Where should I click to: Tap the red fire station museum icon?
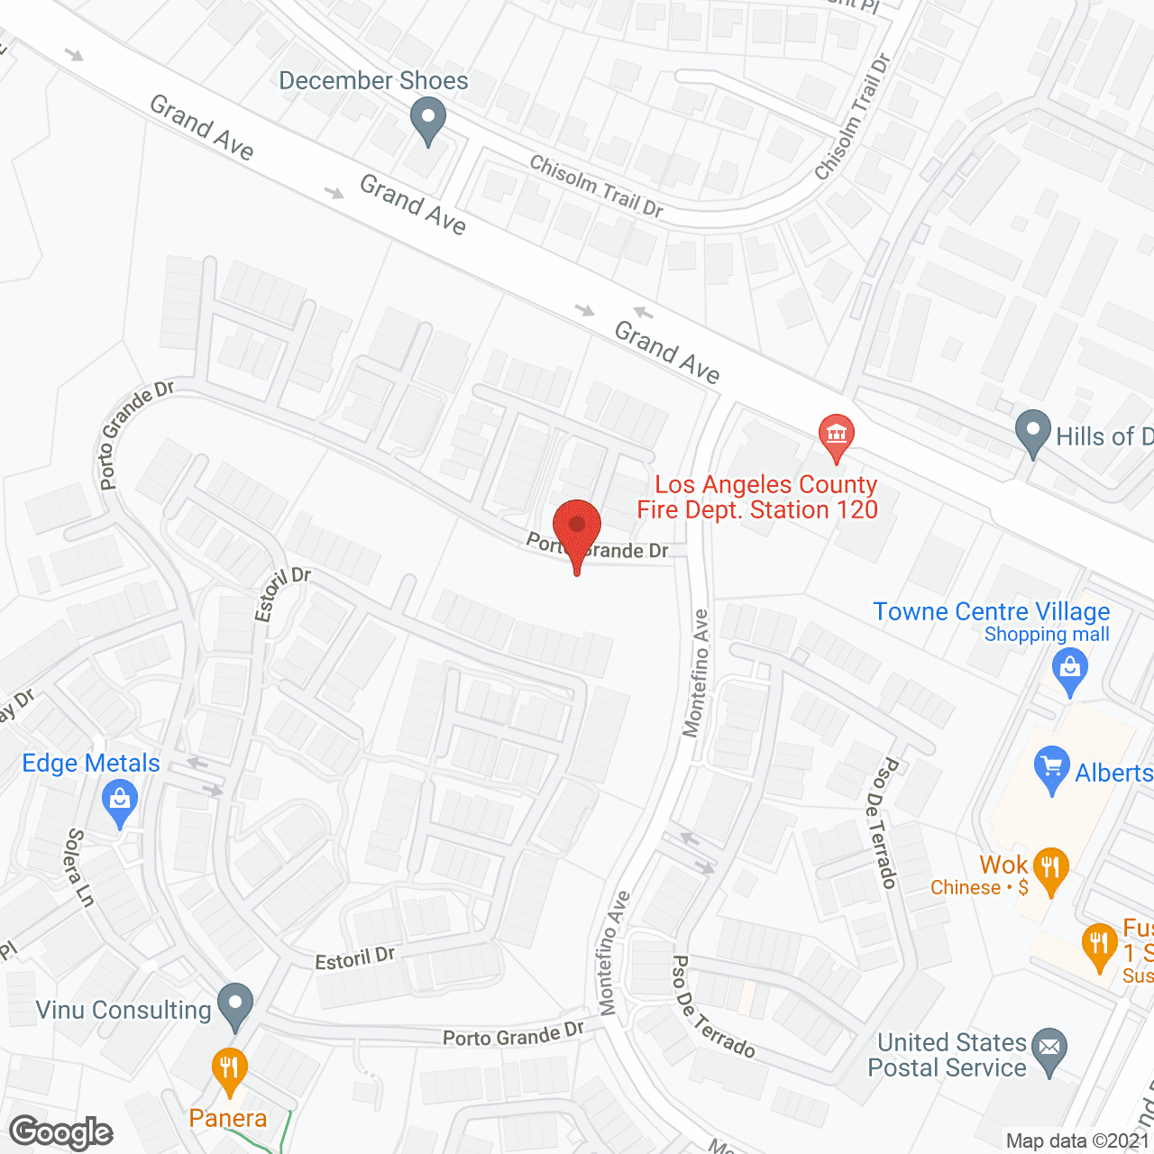pos(837,435)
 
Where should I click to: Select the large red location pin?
pos(577,527)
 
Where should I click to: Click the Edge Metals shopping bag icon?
pos(120,801)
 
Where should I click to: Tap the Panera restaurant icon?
pos(229,1069)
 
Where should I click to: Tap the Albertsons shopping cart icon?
pos(1052,768)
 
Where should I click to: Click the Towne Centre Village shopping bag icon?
pos(1070,671)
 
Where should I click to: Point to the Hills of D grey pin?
pos(1033,432)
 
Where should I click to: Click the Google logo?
pos(61,1132)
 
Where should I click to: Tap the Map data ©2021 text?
pos(1077,1140)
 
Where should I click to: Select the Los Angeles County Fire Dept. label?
pos(757,497)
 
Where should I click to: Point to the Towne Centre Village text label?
pos(992,611)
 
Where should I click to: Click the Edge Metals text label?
pos(91,763)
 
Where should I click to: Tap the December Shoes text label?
pos(373,80)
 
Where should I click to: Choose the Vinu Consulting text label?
pos(124,1010)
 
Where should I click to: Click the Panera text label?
pos(228,1119)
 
